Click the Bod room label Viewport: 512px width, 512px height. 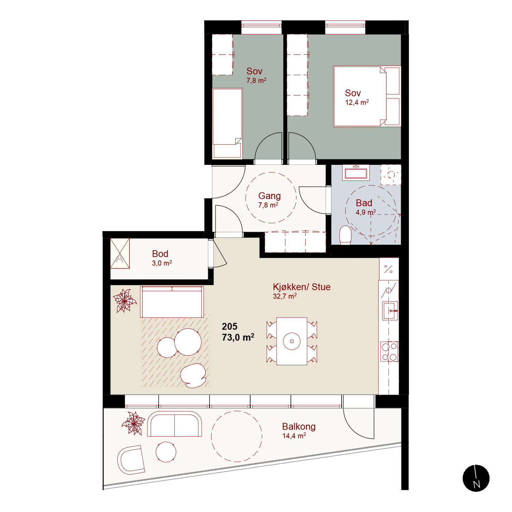point(160,254)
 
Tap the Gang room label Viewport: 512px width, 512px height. point(270,196)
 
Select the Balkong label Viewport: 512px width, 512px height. point(299,427)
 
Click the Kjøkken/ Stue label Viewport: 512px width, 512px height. point(302,287)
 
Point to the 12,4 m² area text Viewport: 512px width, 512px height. point(357,102)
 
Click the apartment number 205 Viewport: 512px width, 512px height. point(230,327)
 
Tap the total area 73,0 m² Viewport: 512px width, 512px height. point(238,338)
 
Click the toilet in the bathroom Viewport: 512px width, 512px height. point(345,235)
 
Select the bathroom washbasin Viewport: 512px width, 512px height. point(356,172)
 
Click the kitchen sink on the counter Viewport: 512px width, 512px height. point(390,311)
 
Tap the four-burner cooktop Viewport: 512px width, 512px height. point(389,352)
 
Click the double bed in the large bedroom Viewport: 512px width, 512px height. point(367,96)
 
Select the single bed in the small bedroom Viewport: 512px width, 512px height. point(227,124)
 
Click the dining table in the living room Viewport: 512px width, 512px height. point(292,341)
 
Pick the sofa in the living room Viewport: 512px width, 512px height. point(172,302)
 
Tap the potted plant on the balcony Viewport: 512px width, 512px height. point(134,423)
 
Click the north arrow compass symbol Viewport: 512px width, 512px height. point(476,478)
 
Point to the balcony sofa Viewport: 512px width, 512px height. point(174,424)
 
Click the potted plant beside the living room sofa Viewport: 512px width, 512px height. point(125,301)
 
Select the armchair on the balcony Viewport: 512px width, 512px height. point(131,459)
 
